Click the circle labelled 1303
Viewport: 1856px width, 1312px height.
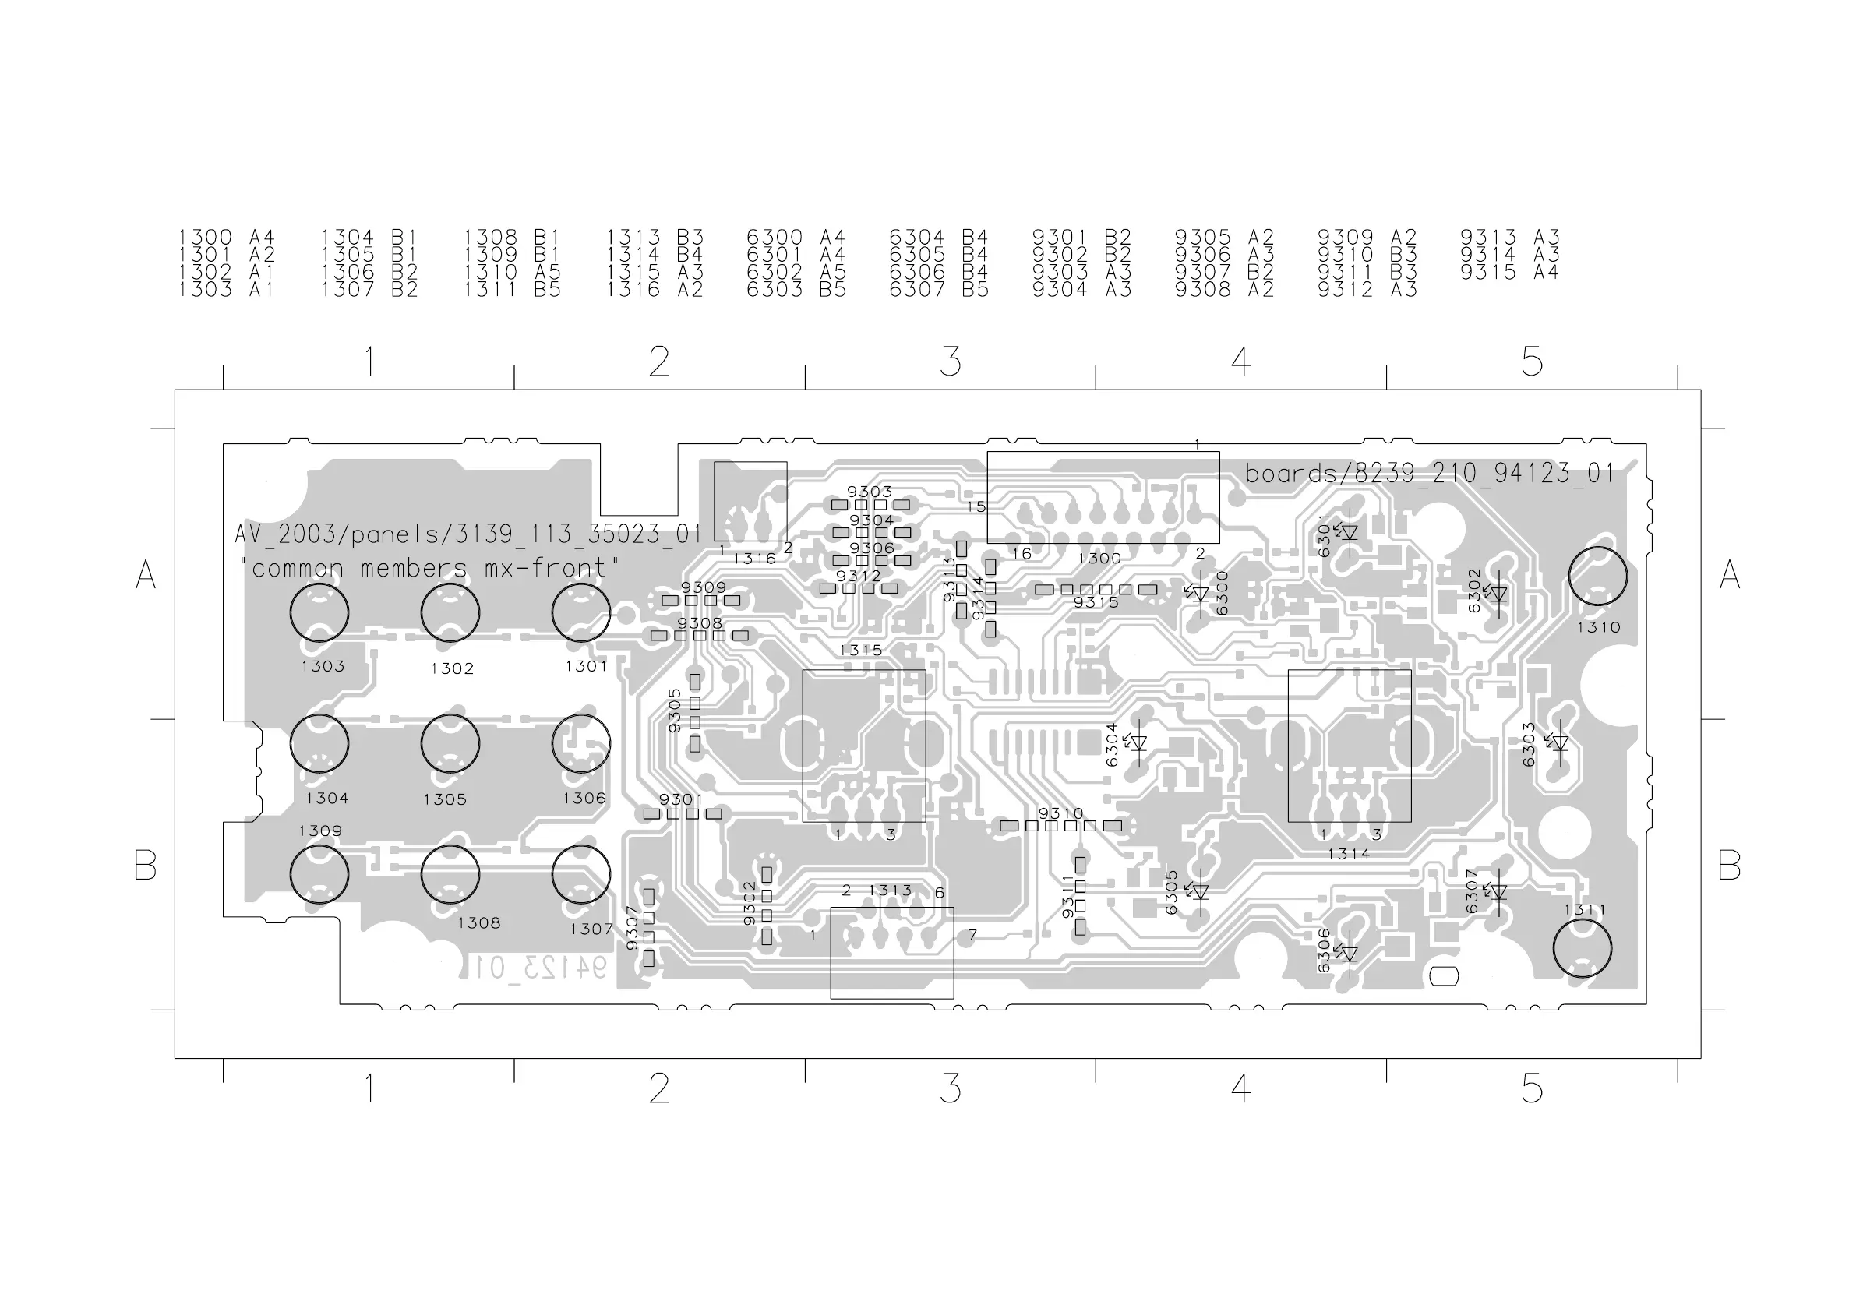(x=319, y=612)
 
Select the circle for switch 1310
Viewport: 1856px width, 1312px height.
(x=1597, y=576)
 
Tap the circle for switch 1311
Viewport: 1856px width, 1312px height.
(x=1582, y=948)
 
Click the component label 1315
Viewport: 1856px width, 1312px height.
(x=861, y=650)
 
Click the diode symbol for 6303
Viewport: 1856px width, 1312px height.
(x=1559, y=743)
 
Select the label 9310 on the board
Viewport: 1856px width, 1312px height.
(x=1060, y=813)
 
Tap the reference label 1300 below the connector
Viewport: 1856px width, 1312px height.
(x=1099, y=559)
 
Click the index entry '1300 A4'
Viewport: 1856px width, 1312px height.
(x=226, y=238)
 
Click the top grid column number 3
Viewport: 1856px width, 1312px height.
(x=951, y=362)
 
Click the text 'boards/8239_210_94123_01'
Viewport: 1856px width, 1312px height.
(x=1429, y=474)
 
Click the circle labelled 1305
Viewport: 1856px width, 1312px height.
(x=450, y=744)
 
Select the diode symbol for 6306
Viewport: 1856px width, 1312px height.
(x=1348, y=954)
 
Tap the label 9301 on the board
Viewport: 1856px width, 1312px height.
(x=681, y=799)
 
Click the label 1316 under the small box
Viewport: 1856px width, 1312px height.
(x=754, y=559)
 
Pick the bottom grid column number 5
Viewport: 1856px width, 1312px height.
(x=1532, y=1089)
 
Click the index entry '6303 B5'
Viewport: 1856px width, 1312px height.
(x=796, y=289)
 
